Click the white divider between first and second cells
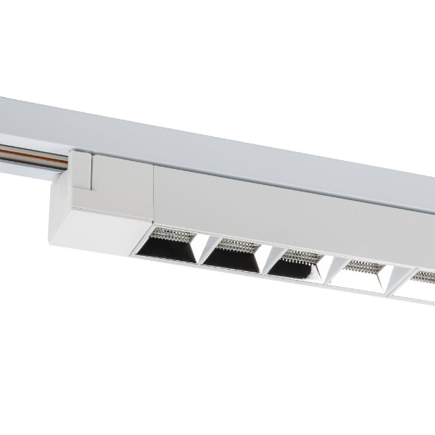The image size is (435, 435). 199,250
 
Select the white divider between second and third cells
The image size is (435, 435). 262,260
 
